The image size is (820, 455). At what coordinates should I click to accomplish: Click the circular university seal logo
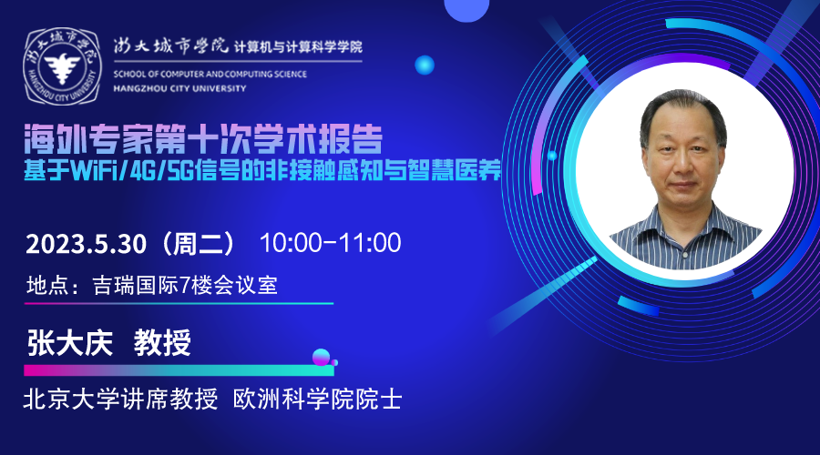pos(62,66)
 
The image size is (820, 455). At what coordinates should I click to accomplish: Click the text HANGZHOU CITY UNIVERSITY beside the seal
pos(179,89)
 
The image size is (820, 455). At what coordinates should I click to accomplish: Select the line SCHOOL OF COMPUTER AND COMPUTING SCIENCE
pos(210,75)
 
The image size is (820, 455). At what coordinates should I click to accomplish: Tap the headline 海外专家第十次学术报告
pos(203,139)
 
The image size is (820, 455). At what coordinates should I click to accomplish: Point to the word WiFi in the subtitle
pos(93,170)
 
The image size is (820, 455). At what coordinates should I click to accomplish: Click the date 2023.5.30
pos(86,244)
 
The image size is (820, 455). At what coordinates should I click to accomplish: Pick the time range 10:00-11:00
pos(331,243)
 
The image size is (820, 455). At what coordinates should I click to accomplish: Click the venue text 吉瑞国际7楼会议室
pos(185,285)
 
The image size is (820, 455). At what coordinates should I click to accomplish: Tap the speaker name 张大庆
pos(70,343)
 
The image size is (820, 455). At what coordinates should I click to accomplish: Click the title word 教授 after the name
pos(162,343)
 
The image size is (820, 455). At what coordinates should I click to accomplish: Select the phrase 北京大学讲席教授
pos(120,399)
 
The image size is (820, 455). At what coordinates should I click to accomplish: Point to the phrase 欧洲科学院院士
pos(317,399)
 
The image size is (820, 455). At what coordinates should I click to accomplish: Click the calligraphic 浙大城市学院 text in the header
pos(171,46)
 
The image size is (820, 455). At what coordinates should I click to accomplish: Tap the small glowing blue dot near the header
pos(425,66)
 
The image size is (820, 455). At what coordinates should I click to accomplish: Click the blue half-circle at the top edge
pos(466,9)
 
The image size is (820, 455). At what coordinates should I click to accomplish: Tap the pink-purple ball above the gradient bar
pos(321,357)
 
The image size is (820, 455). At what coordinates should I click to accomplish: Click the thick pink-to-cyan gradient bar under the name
pos(179,370)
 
